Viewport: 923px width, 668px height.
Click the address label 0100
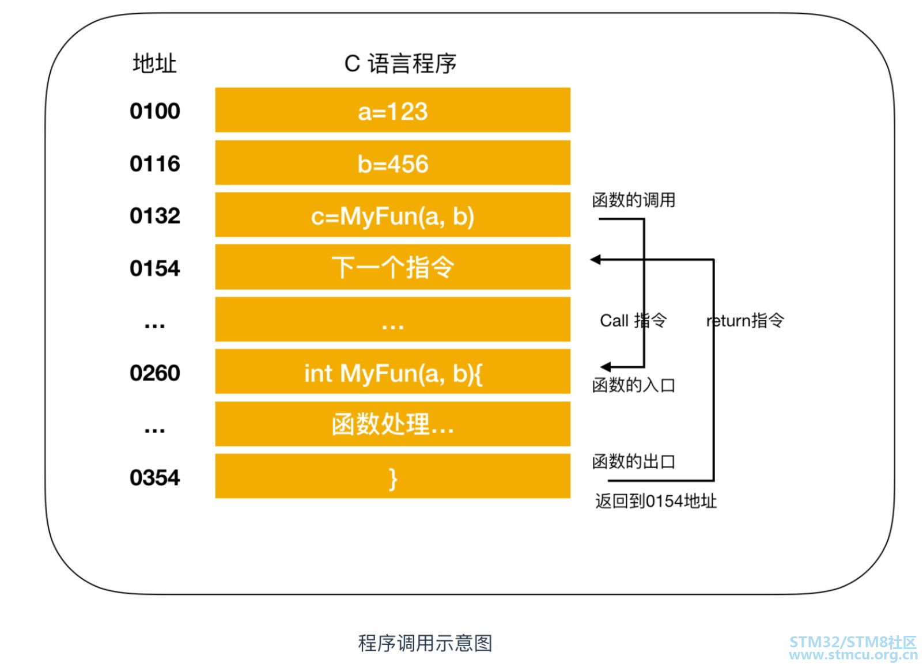(x=154, y=111)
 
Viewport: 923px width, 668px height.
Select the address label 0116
(x=154, y=164)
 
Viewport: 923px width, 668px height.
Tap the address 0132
(x=154, y=216)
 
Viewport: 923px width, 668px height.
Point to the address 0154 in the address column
(x=154, y=268)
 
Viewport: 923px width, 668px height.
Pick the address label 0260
(x=154, y=373)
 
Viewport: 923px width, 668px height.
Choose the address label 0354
(x=154, y=477)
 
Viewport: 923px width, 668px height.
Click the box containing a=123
(x=392, y=111)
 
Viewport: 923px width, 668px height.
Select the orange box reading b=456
(x=392, y=164)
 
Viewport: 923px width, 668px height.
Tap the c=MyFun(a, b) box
(x=392, y=216)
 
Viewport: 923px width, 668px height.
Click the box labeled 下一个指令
(x=392, y=268)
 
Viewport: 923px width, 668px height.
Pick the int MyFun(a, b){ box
(x=392, y=373)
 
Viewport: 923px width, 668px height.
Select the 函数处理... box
(x=392, y=424)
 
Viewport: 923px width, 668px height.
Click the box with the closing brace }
(x=392, y=477)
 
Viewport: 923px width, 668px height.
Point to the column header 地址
(x=154, y=63)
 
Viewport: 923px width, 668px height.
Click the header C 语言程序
(x=400, y=63)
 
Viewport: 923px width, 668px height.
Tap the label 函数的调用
(x=634, y=200)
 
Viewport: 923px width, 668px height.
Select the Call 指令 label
(x=633, y=320)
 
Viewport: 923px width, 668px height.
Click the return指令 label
(x=745, y=320)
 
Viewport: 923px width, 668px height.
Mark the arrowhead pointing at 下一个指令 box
(x=596, y=260)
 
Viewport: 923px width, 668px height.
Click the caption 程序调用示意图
(x=425, y=643)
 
